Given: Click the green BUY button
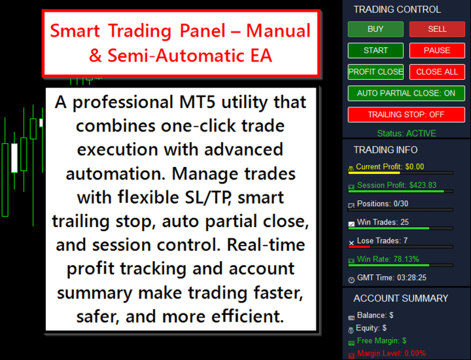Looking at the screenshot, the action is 375,29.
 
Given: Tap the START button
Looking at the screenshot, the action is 375,50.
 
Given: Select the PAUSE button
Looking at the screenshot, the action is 437,50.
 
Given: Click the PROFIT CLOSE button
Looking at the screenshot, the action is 375,72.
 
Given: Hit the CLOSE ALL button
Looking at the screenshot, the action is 437,72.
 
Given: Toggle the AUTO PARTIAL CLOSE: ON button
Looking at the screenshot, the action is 406,93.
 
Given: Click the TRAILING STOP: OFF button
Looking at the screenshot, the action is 406,115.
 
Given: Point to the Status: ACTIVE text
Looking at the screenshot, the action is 406,133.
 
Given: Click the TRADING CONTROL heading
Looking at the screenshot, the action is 397,10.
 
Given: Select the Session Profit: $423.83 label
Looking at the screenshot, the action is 396,185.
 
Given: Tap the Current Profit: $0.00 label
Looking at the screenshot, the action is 390,167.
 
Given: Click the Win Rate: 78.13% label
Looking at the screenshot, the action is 388,259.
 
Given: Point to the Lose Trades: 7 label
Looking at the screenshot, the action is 382,241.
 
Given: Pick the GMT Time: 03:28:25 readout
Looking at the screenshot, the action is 391,278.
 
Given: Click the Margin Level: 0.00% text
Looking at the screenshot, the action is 391,353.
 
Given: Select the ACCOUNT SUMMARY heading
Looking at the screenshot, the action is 401,298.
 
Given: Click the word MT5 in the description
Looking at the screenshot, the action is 198,102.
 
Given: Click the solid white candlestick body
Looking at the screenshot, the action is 14,158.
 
